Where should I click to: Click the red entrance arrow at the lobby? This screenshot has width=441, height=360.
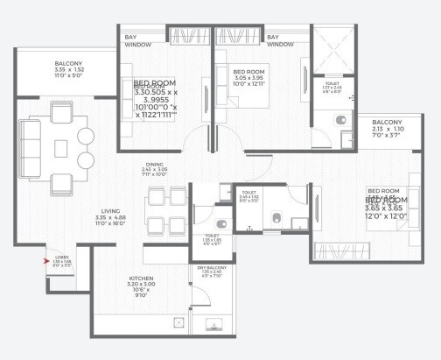click(48, 259)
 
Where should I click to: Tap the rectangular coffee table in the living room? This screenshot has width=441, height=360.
click(62, 137)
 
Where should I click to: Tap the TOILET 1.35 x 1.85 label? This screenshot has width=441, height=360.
click(211, 239)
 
